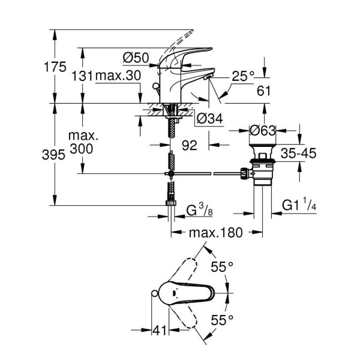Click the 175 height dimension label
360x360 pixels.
tap(55, 67)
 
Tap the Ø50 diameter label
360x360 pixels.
tap(136, 58)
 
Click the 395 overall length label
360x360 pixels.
tap(55, 155)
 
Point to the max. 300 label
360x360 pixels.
tap(84, 143)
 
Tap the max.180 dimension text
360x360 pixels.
tap(213, 232)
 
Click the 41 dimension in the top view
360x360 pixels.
tap(159, 330)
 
